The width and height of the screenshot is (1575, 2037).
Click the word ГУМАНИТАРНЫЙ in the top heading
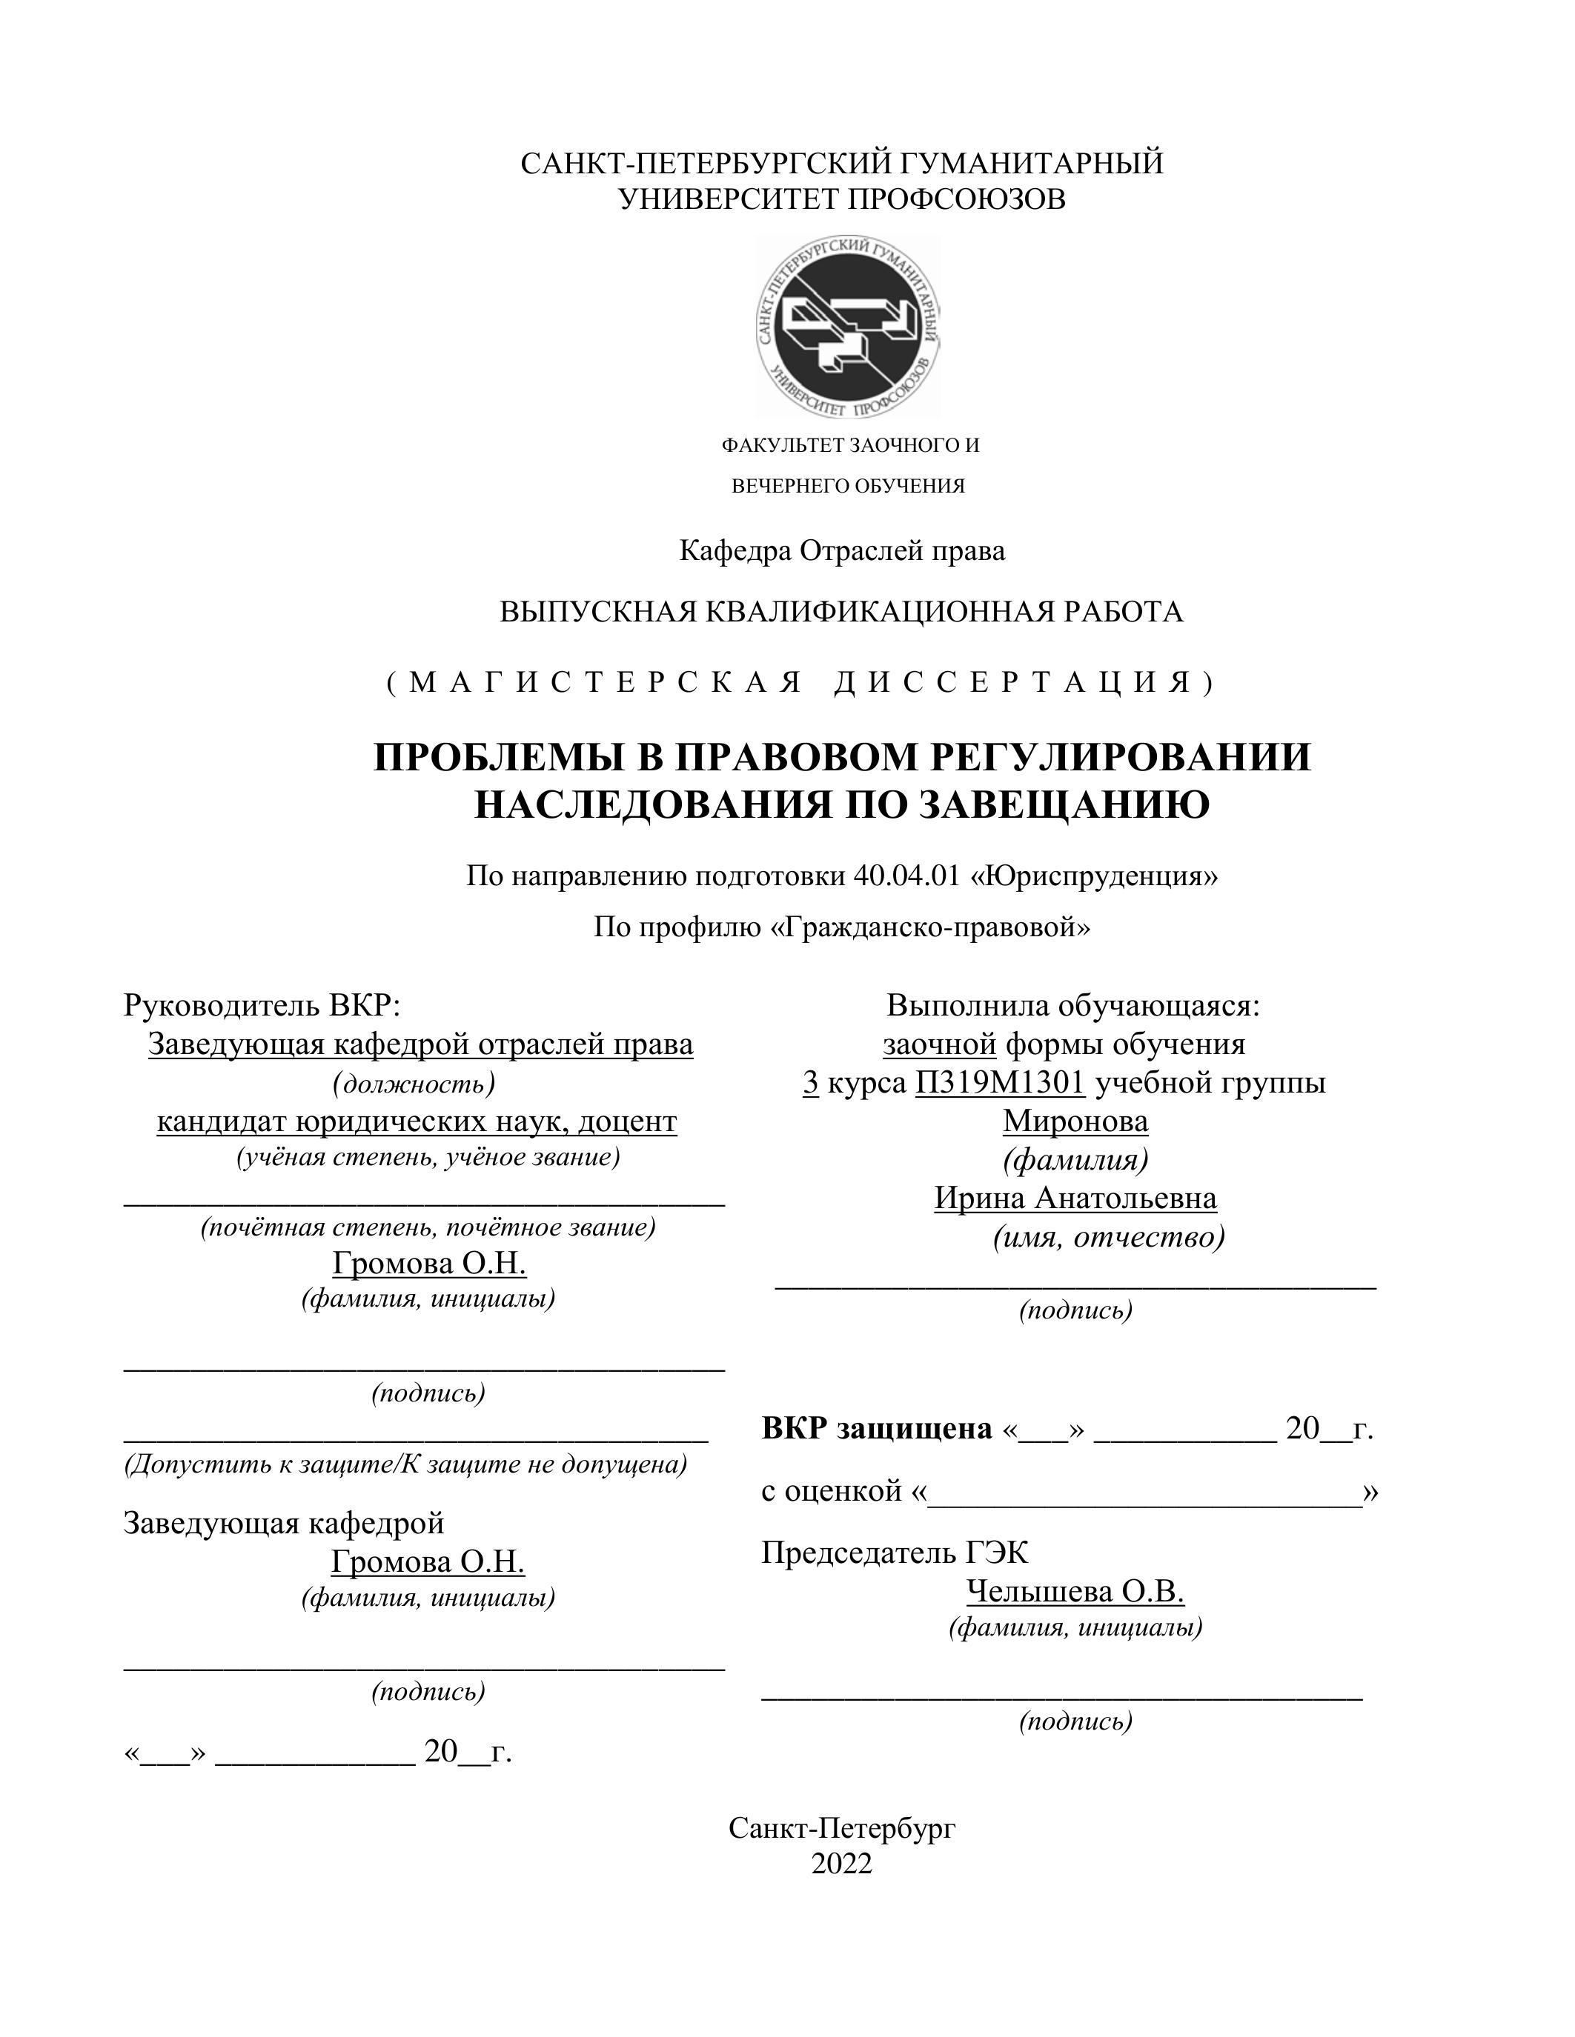pyautogui.click(x=1030, y=163)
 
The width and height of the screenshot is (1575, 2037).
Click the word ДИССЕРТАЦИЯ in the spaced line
pyautogui.click(x=1024, y=683)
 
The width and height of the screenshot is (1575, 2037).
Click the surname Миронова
pyautogui.click(x=1075, y=1121)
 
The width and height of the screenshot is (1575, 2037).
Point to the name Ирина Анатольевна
pyautogui.click(x=1075, y=1198)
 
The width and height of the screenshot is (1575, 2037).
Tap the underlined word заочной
pyautogui.click(x=940, y=1044)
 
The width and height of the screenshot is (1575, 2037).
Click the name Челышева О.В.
pyautogui.click(x=1075, y=1592)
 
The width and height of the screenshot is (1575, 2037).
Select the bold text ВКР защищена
pyautogui.click(x=876, y=1429)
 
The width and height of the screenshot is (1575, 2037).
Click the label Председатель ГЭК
pyautogui.click(x=894, y=1553)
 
